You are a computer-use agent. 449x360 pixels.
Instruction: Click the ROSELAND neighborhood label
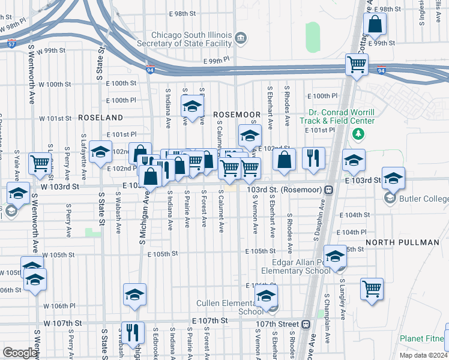point(100,118)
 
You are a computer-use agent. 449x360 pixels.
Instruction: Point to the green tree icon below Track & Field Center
point(358,133)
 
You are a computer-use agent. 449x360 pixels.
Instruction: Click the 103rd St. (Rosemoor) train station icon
point(329,190)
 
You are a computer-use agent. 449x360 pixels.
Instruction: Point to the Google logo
point(20,353)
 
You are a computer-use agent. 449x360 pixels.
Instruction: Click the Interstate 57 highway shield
point(11,44)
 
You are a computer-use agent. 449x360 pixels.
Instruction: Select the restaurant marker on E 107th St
point(133,332)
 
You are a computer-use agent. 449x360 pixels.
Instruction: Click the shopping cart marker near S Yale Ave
point(40,163)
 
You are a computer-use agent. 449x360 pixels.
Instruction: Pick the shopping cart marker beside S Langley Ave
point(372,289)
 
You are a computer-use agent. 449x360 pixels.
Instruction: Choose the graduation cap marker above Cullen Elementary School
point(266,295)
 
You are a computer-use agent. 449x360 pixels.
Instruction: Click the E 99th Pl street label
point(217,61)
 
